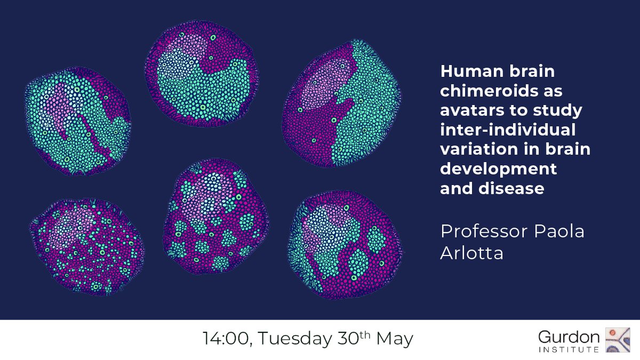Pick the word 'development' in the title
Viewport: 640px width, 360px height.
[x=498, y=170]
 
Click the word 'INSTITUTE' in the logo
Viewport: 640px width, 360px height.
[x=569, y=349]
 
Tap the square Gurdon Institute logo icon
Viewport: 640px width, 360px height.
[x=620, y=340]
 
